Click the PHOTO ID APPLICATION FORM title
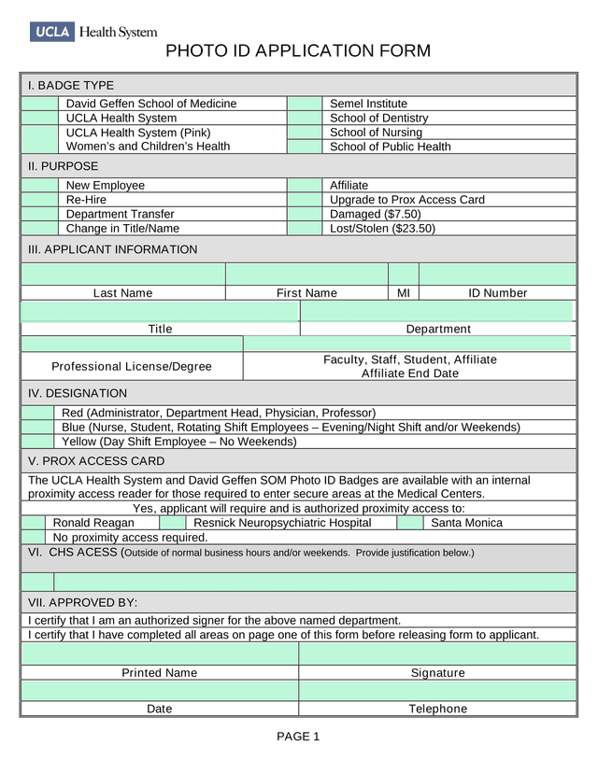298,51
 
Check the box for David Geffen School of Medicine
39,104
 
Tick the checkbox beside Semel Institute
304,104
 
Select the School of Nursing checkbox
304,133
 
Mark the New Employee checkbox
39,186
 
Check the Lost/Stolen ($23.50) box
304,228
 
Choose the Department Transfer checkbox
39,214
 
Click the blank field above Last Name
122,274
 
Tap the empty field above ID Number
497,274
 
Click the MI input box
403,274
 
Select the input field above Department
437,311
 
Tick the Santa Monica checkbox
410,523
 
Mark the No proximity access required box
34,537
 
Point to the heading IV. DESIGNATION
78,393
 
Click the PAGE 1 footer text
298,737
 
